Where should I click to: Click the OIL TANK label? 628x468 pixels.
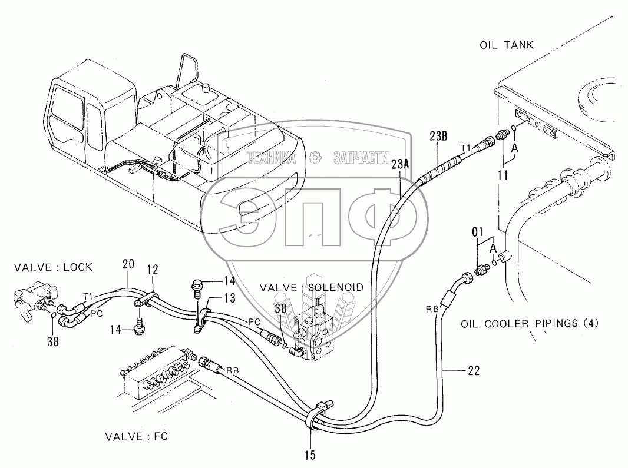(506, 45)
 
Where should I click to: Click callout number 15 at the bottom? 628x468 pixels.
(310, 454)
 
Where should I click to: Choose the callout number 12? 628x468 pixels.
(153, 269)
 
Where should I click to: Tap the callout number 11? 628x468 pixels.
(503, 174)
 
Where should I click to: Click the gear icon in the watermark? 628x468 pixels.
(316, 157)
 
